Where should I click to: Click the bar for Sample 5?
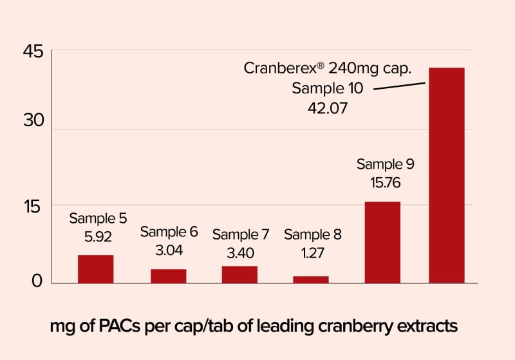96,269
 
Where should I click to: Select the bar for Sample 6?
168,276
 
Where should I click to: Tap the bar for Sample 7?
239,274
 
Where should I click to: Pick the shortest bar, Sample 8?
311,279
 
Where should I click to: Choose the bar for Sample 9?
382,242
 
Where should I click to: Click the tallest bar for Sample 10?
447,175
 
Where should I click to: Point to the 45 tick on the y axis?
33,52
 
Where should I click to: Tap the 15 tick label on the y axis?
33,207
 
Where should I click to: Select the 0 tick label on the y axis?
37,281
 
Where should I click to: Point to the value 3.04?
169,250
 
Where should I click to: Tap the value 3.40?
240,252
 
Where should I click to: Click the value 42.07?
328,108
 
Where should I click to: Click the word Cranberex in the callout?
277,68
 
